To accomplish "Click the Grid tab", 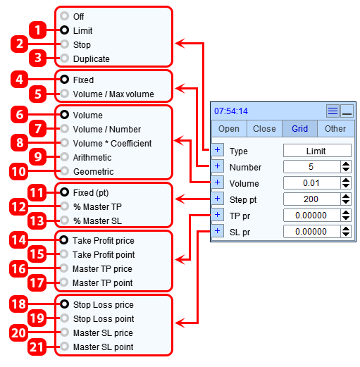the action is tap(299, 129).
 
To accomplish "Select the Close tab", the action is tap(264, 129).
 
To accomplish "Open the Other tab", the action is tap(335, 129).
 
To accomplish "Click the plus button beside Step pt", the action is tap(218, 199).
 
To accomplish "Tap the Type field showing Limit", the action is tap(317, 151).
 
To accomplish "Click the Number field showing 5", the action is tap(312, 167).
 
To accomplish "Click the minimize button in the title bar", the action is tap(347, 111).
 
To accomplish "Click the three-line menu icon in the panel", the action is tap(333, 111).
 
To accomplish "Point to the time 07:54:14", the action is tap(231, 111).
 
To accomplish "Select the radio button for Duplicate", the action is tap(64, 58).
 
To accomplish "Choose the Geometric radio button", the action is tap(64, 171).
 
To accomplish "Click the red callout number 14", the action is tap(19, 240).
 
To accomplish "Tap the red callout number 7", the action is tap(37, 128).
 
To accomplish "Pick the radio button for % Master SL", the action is tap(64, 220).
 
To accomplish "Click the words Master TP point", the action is tap(103, 283).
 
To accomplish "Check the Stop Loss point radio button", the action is tap(64, 318).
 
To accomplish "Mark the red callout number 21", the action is tap(37, 347).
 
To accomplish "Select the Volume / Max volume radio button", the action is tap(64, 94).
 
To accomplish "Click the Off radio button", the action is tap(64, 16).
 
